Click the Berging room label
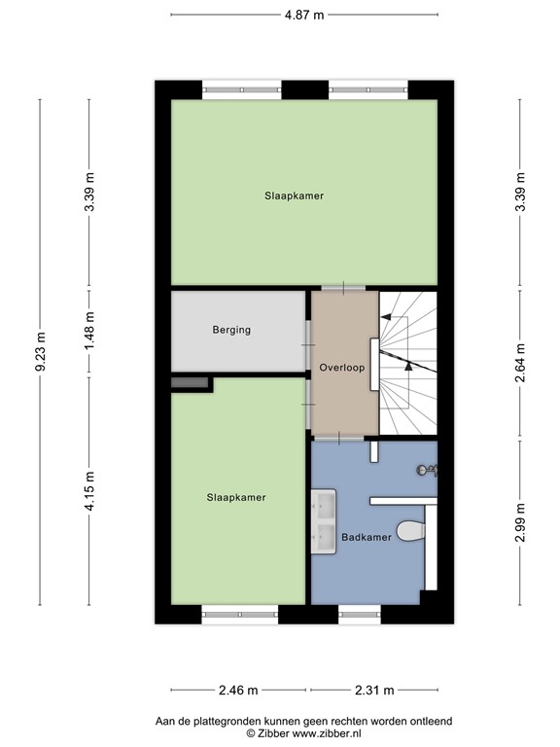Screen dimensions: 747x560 tap(231, 330)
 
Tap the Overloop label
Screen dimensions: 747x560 tap(341, 367)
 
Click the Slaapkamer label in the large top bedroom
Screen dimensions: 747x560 tap(294, 196)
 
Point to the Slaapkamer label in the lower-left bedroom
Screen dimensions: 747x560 tap(235, 497)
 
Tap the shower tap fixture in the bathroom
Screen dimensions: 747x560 tap(427, 471)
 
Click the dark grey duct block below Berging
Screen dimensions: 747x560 tap(191, 382)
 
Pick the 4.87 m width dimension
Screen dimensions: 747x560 tap(303, 15)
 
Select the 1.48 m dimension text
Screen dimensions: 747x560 tap(89, 331)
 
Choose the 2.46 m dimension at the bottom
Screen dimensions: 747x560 tap(237, 691)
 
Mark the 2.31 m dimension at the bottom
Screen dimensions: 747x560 tap(373, 691)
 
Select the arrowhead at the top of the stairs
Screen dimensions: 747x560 tap(385, 317)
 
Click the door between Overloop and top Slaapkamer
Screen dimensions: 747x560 tap(344, 288)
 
